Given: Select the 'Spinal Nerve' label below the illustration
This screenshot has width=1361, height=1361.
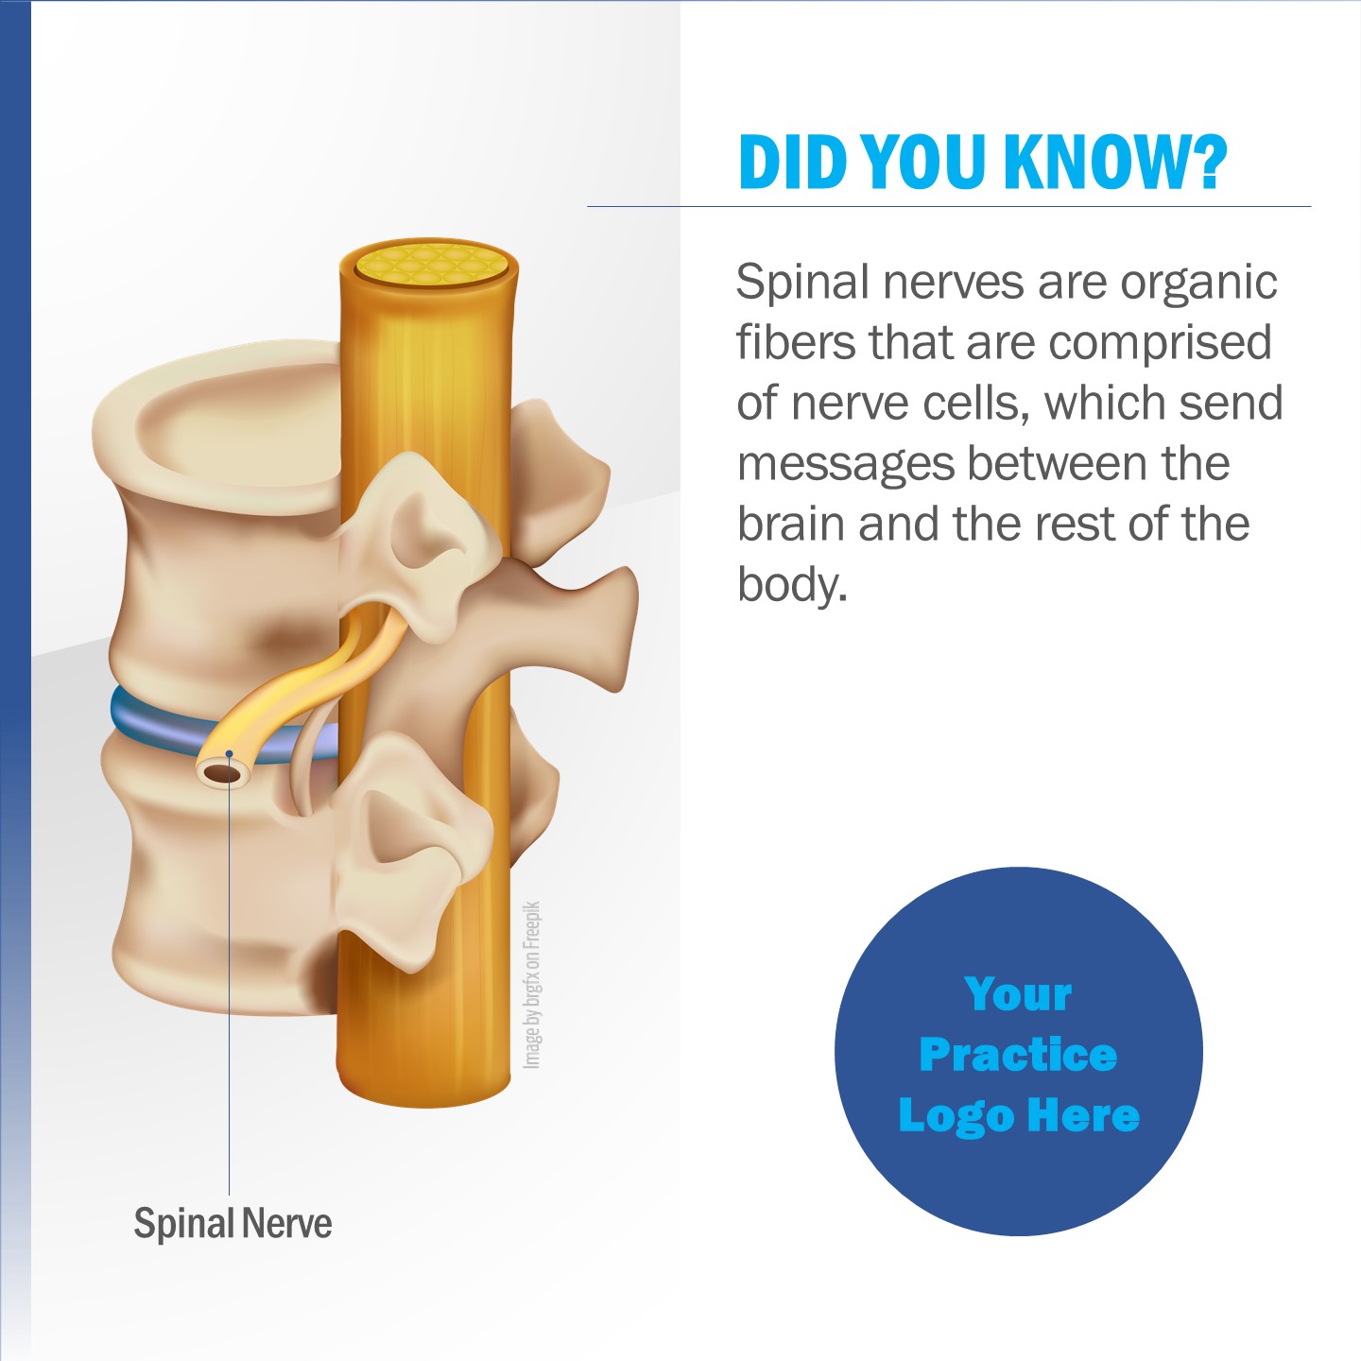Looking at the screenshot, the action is click(x=233, y=1223).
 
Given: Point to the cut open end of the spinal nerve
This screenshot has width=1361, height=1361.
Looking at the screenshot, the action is click(x=225, y=773).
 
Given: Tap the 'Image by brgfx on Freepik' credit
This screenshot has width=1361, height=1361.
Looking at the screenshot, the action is click(x=531, y=985).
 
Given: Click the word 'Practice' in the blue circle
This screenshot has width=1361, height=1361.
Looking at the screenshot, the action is click(x=1018, y=1055).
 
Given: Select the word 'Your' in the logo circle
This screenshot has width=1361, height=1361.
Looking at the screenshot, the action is click(x=1018, y=995).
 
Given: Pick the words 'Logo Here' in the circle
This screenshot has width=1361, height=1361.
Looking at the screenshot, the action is click(x=1019, y=1116).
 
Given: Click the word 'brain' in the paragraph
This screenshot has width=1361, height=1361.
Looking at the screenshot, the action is click(x=791, y=524).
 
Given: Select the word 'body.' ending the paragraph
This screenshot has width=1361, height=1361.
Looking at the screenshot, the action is click(x=792, y=585).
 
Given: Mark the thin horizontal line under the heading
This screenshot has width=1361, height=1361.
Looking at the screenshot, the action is click(x=949, y=206).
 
